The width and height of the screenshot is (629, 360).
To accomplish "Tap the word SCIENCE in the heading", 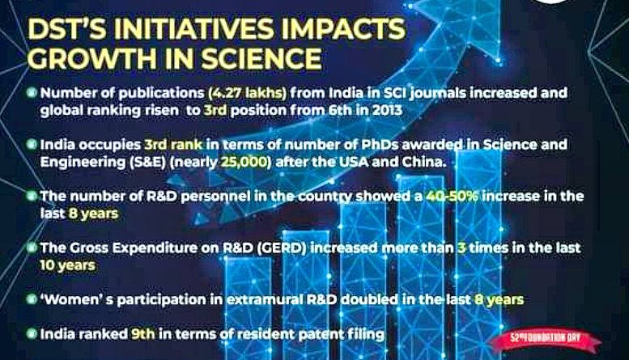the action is [x=261, y=58].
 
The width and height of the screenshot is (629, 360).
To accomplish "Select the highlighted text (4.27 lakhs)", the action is [x=248, y=93].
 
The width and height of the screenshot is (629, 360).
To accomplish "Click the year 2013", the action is [x=387, y=110].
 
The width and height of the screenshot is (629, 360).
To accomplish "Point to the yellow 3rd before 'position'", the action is [x=215, y=110].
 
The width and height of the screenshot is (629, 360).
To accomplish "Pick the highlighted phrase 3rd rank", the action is [x=173, y=144].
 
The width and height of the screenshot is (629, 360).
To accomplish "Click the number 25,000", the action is [x=244, y=163].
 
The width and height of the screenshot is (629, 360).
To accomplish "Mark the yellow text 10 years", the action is [x=67, y=265].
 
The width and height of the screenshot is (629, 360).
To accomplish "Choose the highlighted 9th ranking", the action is [x=142, y=334].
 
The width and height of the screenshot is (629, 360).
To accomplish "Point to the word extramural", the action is [x=264, y=300].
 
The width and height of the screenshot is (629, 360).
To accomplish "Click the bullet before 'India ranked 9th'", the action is [x=32, y=333].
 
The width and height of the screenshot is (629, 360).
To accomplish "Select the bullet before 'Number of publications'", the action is [x=32, y=92].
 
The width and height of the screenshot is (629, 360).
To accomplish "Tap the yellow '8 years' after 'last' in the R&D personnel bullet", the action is [x=93, y=214].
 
